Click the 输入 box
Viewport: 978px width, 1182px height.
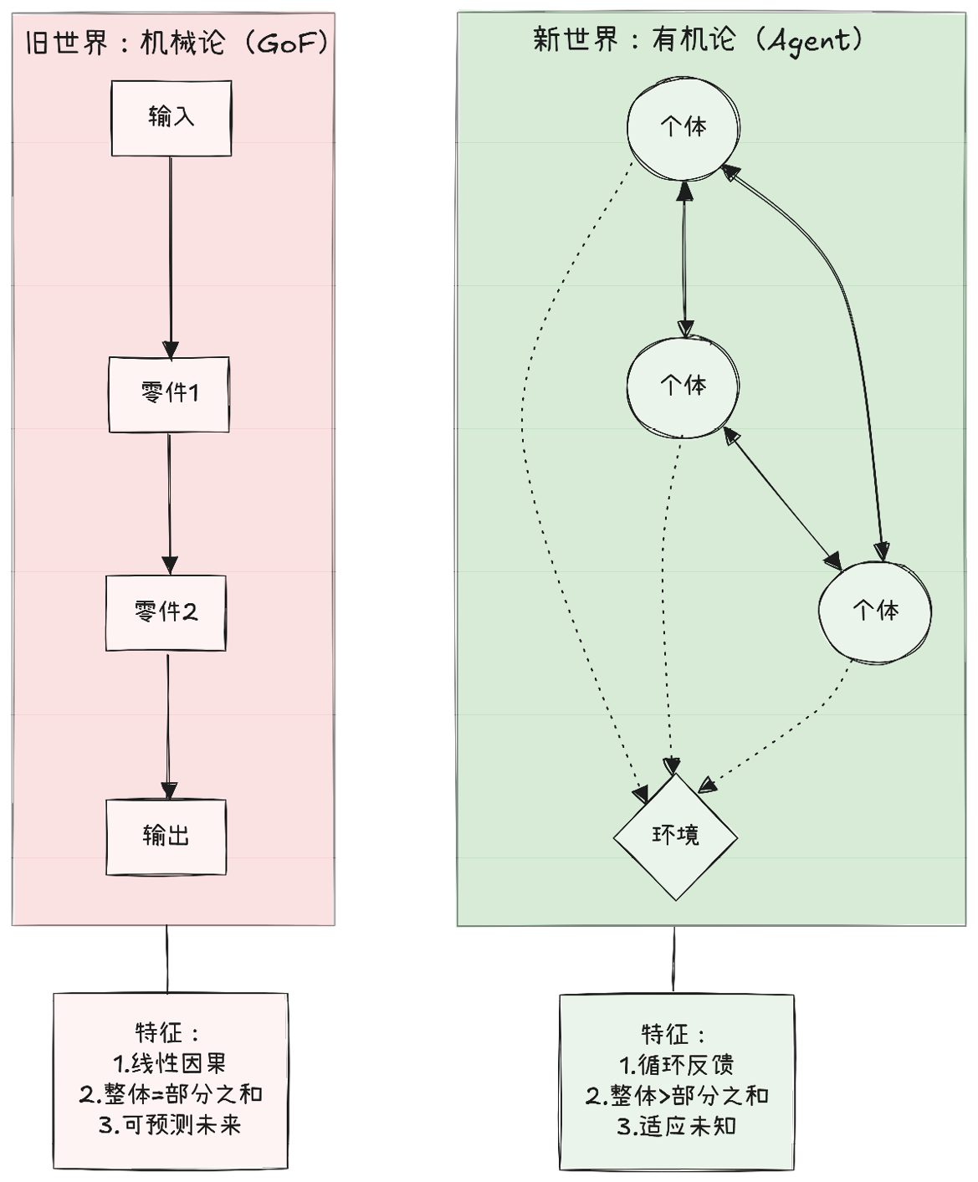point(172,118)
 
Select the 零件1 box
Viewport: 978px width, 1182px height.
point(169,395)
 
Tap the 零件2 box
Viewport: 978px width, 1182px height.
point(166,613)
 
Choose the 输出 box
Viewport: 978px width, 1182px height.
point(166,837)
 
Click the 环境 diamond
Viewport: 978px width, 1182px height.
point(675,836)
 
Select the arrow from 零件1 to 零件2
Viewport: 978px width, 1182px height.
point(169,502)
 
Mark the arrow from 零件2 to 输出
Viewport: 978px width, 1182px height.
point(168,724)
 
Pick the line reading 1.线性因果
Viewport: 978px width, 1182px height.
point(170,1063)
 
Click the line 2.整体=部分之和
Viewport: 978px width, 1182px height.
point(171,1093)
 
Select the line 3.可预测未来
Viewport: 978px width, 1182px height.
point(170,1124)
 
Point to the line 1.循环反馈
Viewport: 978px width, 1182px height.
point(676,1065)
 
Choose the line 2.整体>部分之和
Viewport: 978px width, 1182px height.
point(676,1096)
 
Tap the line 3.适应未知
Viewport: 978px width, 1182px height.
point(676,1126)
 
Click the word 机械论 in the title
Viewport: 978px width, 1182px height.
point(182,43)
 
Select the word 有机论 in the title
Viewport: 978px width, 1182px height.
point(694,39)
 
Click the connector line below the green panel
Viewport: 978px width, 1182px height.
point(673,960)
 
